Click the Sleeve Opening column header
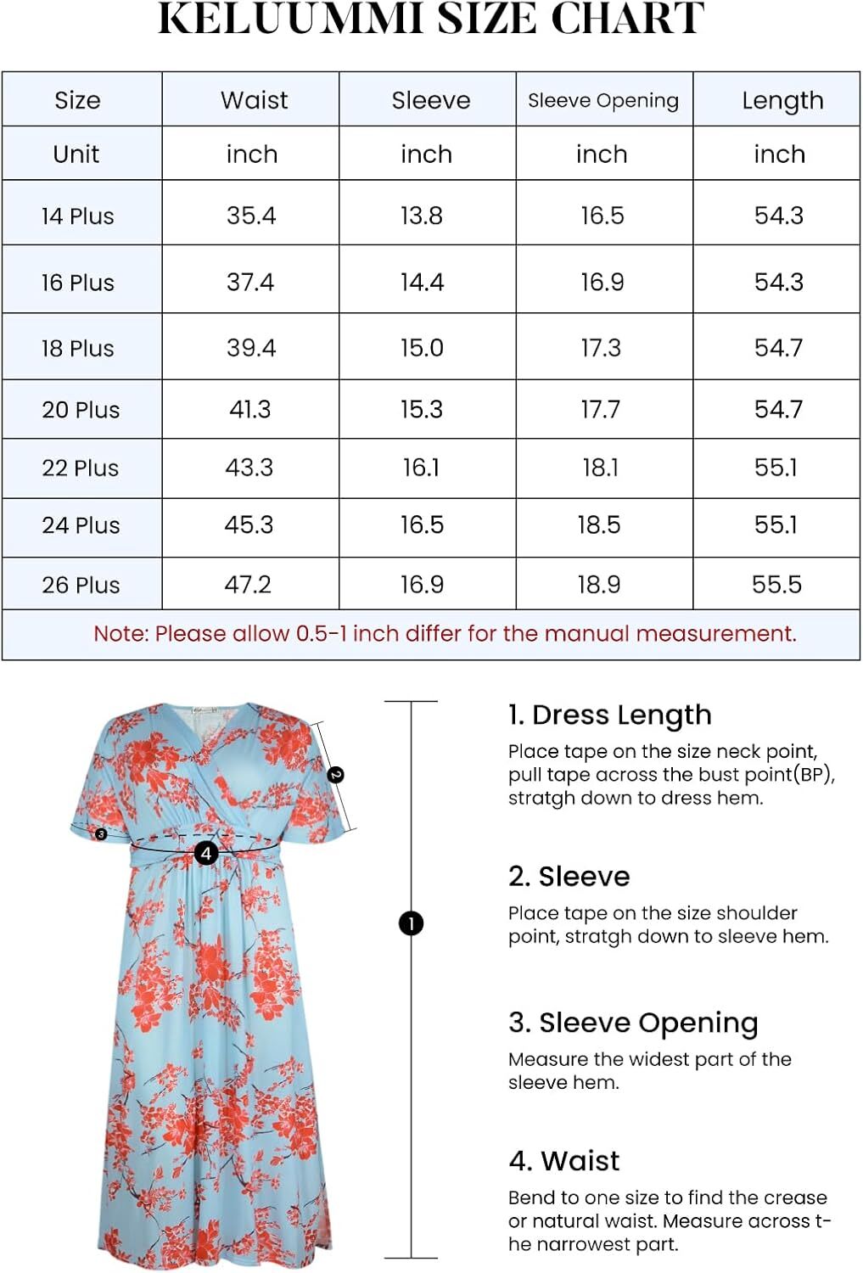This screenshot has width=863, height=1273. point(603,100)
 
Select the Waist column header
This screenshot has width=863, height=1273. point(254,100)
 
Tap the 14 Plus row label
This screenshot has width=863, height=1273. point(77,216)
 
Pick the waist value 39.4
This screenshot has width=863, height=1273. point(251,348)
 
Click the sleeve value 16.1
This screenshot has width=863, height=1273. point(421,468)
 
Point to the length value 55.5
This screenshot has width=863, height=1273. point(776,584)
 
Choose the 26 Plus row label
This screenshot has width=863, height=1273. point(81,585)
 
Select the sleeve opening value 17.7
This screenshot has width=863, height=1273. point(600,410)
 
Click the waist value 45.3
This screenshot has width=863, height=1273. point(249,524)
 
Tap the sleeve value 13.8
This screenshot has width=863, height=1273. point(422,216)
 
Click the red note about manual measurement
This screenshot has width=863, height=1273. point(445,634)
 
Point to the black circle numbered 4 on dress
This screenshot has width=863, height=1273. point(206,852)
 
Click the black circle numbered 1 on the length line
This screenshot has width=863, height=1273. point(412,923)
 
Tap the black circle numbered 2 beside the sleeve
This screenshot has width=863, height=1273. point(336,774)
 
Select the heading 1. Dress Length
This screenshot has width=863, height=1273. point(609,715)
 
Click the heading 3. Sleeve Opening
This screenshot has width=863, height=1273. point(632,1023)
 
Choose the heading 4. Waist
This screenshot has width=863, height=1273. point(564,1160)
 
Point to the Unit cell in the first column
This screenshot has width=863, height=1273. point(76,154)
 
